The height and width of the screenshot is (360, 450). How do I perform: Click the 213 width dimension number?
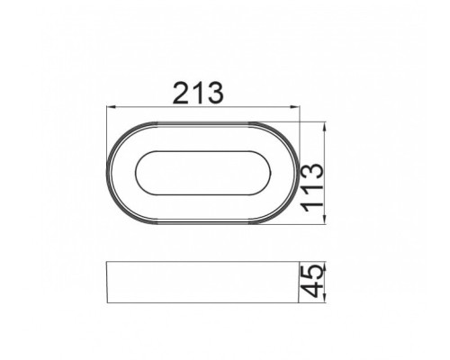(204, 93)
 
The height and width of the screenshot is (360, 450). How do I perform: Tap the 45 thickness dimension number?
(315, 282)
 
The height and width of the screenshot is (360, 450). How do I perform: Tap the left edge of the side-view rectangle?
(108, 283)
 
